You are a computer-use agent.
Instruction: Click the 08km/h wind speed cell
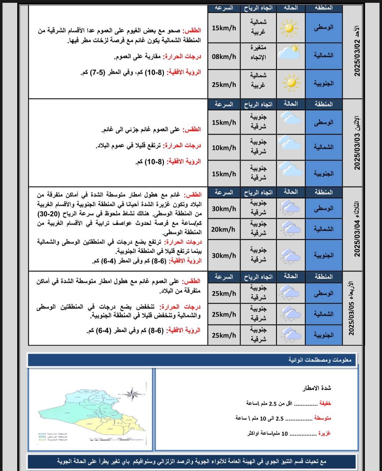point(224,57)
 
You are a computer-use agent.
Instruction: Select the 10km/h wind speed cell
point(224,148)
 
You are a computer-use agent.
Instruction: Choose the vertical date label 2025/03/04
point(357,229)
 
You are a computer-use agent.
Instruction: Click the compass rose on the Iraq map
point(132,393)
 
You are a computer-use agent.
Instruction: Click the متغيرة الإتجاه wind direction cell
point(258,52)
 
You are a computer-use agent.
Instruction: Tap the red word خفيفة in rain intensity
point(325,403)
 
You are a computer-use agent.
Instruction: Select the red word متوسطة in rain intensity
point(322,418)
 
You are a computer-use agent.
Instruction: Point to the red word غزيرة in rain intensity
point(324,433)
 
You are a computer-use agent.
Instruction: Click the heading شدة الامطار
point(317,388)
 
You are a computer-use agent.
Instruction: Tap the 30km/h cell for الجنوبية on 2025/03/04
point(224,255)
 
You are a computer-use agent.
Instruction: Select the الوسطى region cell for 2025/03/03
point(324,123)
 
